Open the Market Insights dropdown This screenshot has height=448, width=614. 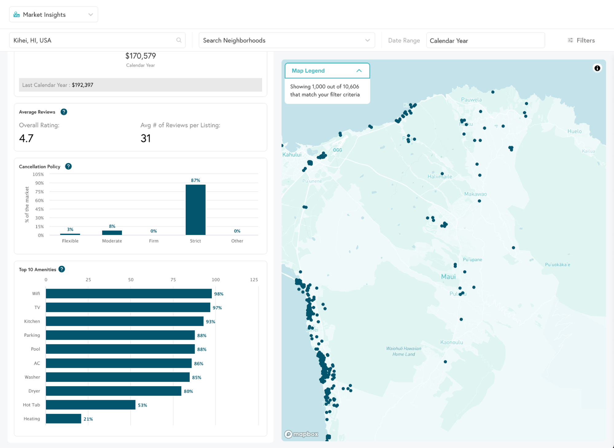(x=53, y=15)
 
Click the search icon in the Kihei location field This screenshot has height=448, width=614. (x=179, y=40)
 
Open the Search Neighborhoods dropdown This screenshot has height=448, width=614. (x=286, y=40)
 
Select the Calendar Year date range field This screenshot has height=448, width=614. (x=485, y=41)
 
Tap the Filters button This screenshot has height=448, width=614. (x=581, y=40)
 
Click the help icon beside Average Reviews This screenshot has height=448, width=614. (x=64, y=112)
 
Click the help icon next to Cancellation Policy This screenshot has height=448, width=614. (x=68, y=166)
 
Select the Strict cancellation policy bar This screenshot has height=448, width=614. (x=196, y=210)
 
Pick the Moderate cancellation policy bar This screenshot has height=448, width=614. (x=112, y=233)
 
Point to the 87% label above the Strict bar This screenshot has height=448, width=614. (x=196, y=180)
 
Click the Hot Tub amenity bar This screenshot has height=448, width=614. (x=91, y=405)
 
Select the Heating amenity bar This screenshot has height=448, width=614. (x=64, y=419)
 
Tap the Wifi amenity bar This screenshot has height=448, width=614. (x=129, y=294)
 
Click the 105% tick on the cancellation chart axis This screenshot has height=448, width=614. (x=38, y=174)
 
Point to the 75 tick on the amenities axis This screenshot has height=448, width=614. (x=173, y=280)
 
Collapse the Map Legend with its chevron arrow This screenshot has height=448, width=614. (x=359, y=71)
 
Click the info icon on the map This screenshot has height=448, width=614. (x=597, y=68)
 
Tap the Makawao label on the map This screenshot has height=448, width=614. (x=475, y=194)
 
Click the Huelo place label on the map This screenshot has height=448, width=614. (x=574, y=131)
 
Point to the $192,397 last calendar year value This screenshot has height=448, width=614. (x=83, y=85)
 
